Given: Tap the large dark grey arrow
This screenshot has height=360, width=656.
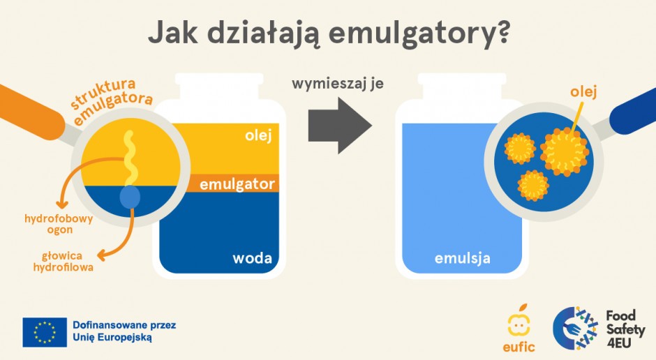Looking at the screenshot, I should [x=339, y=124].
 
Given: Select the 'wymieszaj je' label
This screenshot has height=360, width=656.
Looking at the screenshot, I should [x=338, y=84].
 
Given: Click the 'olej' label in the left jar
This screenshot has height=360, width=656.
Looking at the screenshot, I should [x=257, y=135].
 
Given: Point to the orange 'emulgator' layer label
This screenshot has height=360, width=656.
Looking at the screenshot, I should [x=237, y=185].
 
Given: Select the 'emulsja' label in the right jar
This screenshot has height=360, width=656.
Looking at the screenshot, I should [x=463, y=258].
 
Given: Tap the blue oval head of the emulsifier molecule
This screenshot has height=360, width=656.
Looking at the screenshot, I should [x=130, y=197].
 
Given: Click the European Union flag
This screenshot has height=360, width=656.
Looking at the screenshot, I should [x=45, y=332].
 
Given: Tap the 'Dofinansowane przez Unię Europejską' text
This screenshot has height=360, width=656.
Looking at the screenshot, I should [x=124, y=331].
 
